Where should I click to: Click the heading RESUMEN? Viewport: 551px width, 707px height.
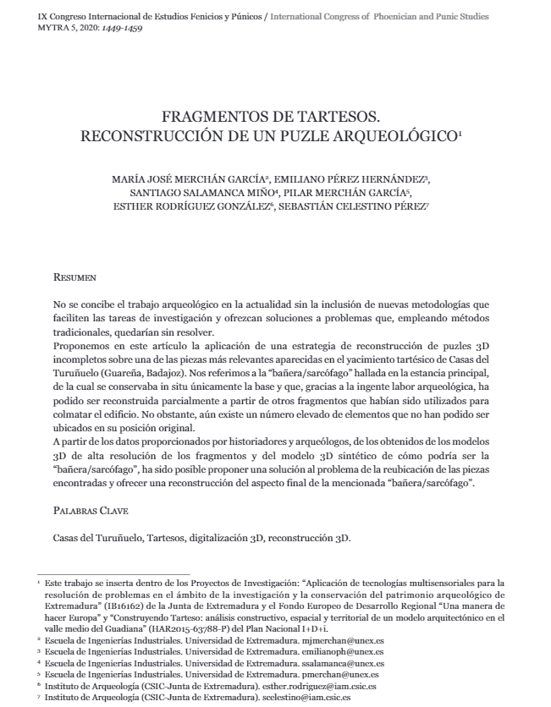74,277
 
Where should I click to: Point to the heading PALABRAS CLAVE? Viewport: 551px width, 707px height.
90,511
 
